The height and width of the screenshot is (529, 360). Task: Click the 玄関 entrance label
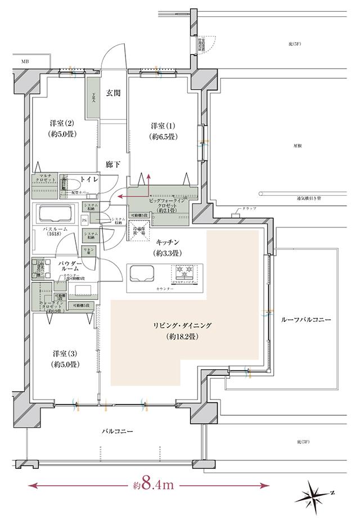[x=114, y=93]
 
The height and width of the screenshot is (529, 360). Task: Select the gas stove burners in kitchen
[x=185, y=272]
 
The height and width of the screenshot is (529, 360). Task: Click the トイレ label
[x=91, y=180]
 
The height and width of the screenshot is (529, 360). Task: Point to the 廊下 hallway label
[x=113, y=165]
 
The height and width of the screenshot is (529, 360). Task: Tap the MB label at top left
[x=25, y=61]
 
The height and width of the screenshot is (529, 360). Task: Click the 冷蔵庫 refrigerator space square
[x=138, y=230]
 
